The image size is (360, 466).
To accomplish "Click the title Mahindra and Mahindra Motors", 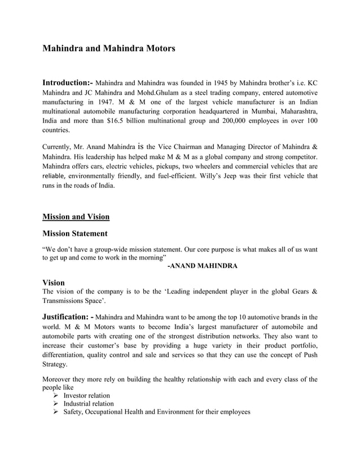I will [x=109, y=49].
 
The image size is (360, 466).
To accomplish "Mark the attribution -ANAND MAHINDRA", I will [x=203, y=265].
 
